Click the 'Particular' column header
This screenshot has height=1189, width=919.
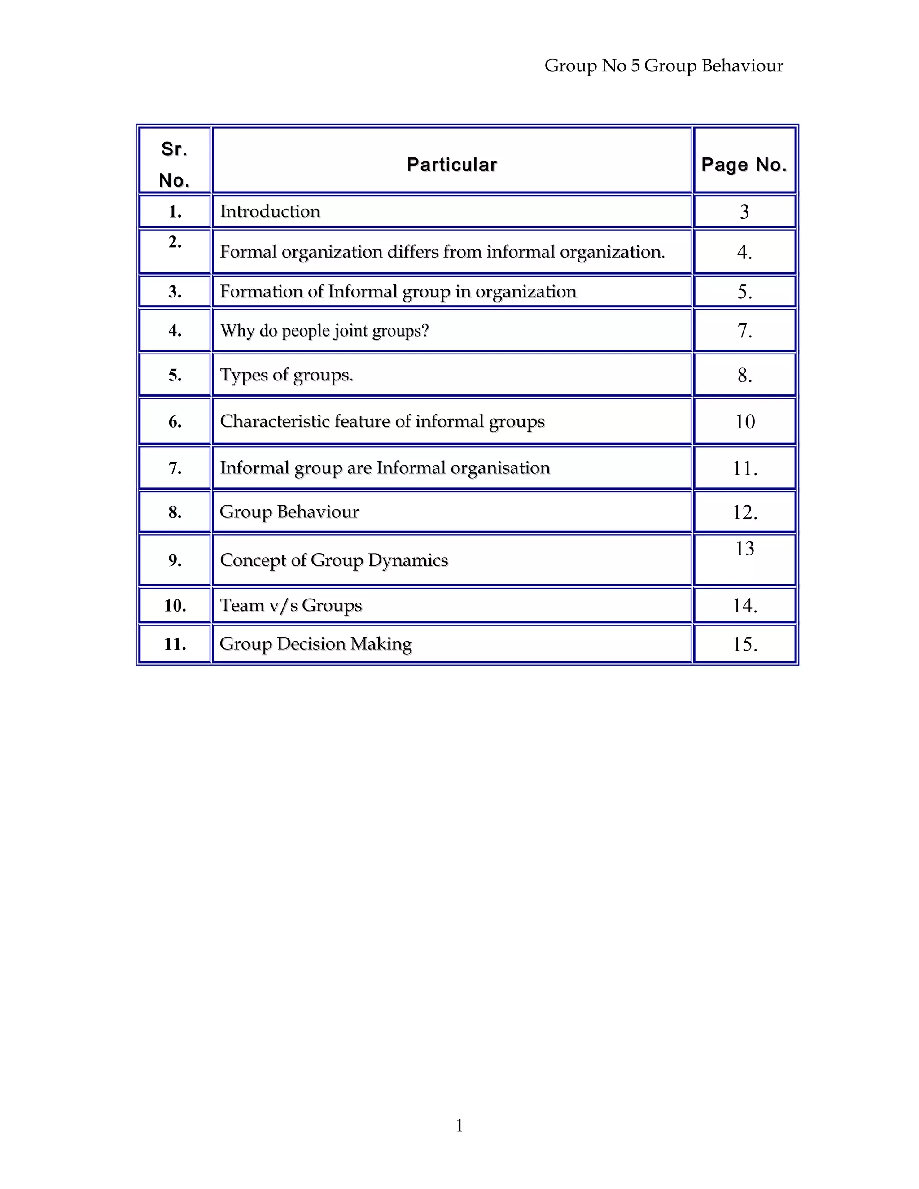pos(451,164)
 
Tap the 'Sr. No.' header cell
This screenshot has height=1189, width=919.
pos(174,164)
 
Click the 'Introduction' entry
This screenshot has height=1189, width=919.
pos(270,211)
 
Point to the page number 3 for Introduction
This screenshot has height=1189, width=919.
pos(744,211)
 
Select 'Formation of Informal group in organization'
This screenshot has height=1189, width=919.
pos(398,291)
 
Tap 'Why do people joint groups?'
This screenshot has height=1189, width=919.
pos(324,331)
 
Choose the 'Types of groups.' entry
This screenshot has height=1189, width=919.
pos(286,375)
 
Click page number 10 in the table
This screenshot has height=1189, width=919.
pos(745,421)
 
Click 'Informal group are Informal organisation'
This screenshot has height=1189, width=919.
pos(385,468)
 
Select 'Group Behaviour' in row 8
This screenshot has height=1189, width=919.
pos(289,512)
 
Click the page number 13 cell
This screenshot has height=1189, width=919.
pos(745,548)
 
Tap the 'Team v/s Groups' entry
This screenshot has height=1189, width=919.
pos(291,605)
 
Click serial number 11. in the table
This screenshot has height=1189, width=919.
pos(175,644)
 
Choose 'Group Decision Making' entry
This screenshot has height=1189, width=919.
pos(316,643)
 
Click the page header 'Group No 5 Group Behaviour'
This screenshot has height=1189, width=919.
pos(664,66)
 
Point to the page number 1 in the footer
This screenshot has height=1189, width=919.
pos(459,1125)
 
